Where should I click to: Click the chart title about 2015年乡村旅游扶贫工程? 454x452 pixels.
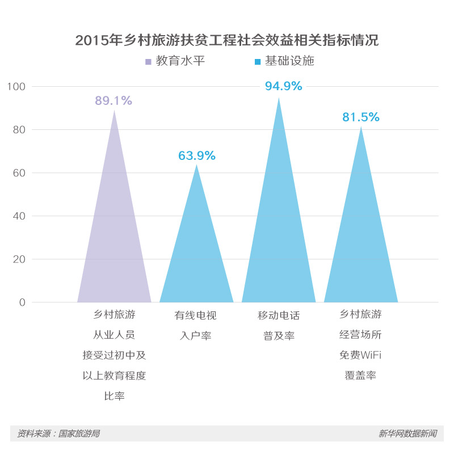(x=226, y=40)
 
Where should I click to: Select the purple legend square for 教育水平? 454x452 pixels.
(x=148, y=61)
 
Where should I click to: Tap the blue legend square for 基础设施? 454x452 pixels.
(x=258, y=61)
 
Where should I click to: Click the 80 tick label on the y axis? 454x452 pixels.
(x=19, y=130)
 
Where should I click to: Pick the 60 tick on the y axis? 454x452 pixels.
(x=19, y=173)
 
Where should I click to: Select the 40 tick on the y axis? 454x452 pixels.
(x=19, y=216)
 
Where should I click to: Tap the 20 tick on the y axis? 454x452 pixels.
(x=19, y=259)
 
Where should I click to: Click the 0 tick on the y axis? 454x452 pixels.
(x=22, y=302)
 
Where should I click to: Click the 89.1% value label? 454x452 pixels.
(x=113, y=101)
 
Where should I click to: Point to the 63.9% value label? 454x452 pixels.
(x=197, y=155)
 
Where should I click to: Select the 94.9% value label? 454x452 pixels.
(x=283, y=86)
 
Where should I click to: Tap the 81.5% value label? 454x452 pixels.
(x=360, y=117)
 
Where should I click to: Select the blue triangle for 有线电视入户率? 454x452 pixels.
(x=196, y=255)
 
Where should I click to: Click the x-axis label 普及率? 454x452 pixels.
(x=279, y=335)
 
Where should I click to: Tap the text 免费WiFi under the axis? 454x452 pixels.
(x=360, y=356)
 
